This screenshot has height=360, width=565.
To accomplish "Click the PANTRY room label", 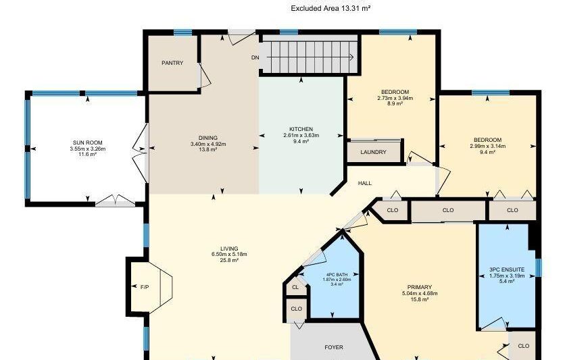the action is (x=172, y=63).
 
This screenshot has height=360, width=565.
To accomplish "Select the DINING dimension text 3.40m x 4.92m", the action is (x=208, y=144).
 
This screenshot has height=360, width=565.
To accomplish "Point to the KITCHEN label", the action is (x=301, y=129).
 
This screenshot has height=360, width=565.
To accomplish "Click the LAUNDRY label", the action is (x=373, y=152).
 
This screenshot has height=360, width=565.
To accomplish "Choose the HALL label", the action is (x=365, y=183).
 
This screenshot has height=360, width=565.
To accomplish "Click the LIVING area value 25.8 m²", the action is (x=229, y=260).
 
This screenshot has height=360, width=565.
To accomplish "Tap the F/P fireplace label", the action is (x=145, y=287).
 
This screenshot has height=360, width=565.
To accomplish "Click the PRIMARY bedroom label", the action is (x=420, y=287).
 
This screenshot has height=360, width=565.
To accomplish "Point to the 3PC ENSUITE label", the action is (x=507, y=269).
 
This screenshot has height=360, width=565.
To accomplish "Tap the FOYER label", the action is (x=334, y=347).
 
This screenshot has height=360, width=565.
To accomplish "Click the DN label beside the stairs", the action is (x=255, y=57).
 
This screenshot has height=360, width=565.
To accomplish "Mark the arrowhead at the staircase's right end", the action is (x=351, y=57).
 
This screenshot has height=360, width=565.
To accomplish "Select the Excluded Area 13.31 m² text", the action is (x=330, y=9).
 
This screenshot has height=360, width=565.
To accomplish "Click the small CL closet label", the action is (x=295, y=287).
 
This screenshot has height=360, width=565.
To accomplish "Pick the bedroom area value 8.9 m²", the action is (x=395, y=103).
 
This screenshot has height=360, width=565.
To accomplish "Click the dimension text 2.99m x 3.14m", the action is (x=487, y=146).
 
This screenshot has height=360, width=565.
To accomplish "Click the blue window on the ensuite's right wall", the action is (x=539, y=268).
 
